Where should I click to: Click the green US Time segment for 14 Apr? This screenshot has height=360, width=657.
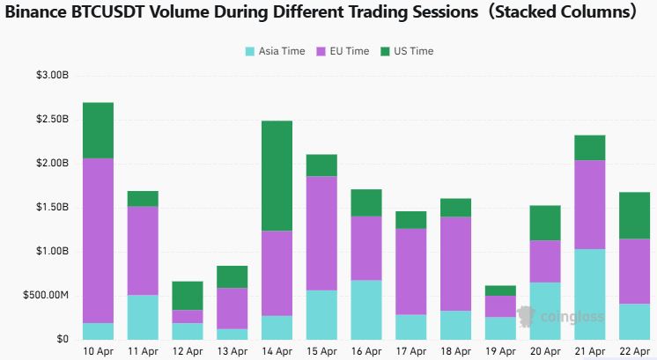click(277, 175)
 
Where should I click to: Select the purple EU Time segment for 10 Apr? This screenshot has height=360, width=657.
click(97, 240)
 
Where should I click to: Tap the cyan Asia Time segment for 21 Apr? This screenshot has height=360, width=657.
click(589, 294)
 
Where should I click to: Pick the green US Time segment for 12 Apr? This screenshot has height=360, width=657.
click(187, 296)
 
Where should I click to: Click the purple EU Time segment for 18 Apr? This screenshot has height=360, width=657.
click(455, 263)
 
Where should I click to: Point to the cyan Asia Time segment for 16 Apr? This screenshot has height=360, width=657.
click(365, 310)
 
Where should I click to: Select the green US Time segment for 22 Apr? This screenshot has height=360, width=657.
click(634, 215)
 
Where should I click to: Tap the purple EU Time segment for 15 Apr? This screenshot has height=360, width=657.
click(321, 233)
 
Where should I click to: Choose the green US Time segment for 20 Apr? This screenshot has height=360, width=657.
click(544, 223)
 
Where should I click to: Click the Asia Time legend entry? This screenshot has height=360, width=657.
click(275, 51)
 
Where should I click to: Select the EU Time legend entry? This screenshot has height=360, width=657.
click(343, 51)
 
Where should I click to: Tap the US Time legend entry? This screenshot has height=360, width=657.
click(407, 51)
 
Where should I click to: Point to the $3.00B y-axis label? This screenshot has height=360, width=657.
click(50, 76)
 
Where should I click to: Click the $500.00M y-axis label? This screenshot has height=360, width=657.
click(45, 295)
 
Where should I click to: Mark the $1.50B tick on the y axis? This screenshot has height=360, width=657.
click(50, 207)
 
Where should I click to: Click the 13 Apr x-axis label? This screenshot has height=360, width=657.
click(232, 350)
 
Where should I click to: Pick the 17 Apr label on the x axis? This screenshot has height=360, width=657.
click(410, 350)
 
